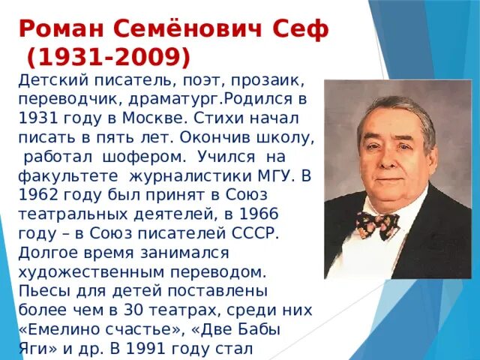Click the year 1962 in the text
point(42,196)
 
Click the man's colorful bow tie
point(376,223)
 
